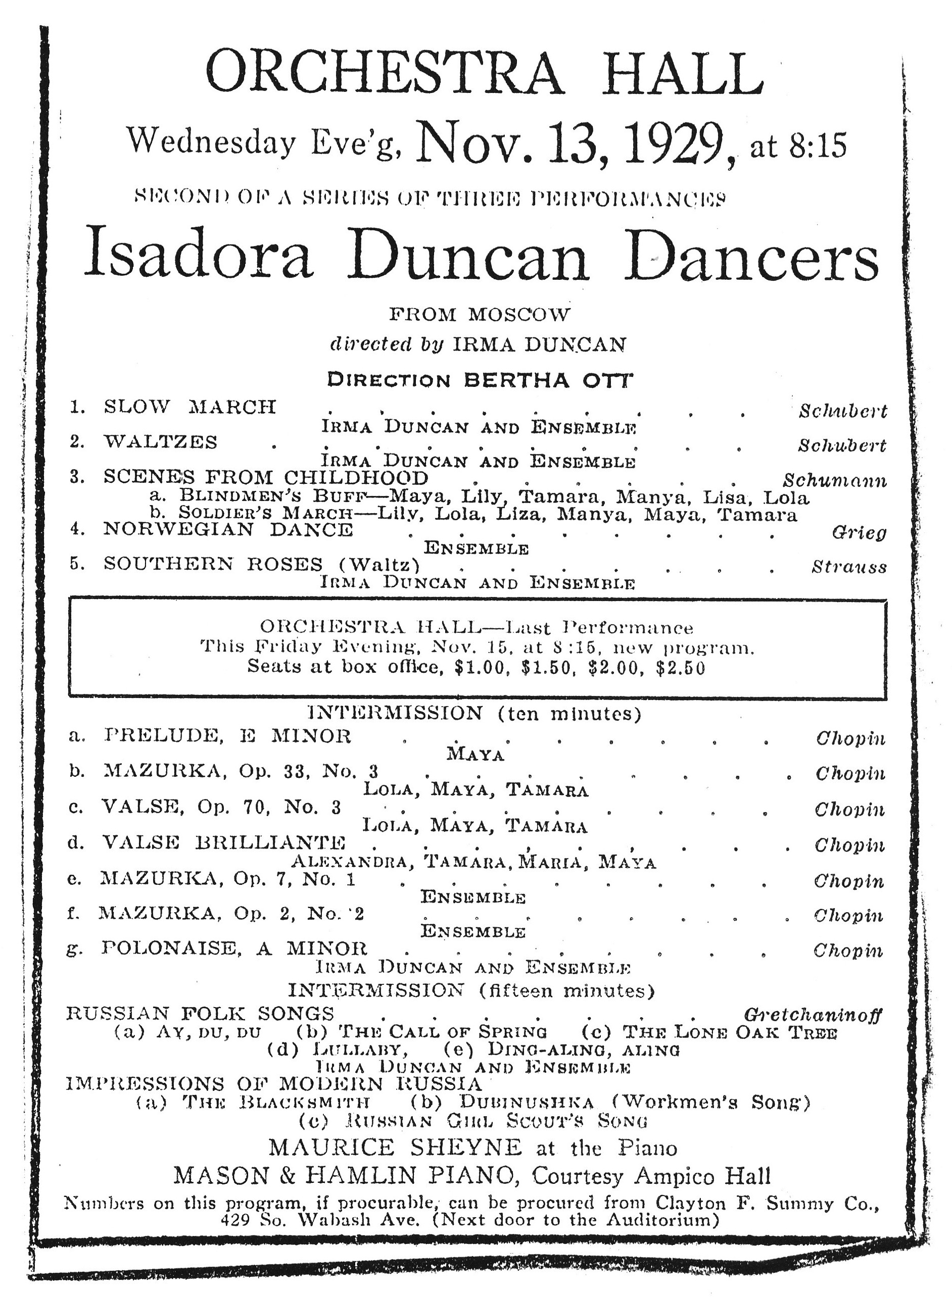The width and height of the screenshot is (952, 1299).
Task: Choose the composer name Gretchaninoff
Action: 812,1014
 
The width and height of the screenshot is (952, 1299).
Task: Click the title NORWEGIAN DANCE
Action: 227,529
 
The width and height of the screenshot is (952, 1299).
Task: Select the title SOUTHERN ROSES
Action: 213,564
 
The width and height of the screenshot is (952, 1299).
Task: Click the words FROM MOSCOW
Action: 479,315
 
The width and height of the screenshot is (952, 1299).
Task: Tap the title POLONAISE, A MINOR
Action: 234,948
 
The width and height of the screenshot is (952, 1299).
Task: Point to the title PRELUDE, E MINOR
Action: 227,736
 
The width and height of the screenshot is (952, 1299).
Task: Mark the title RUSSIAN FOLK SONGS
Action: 200,1013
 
